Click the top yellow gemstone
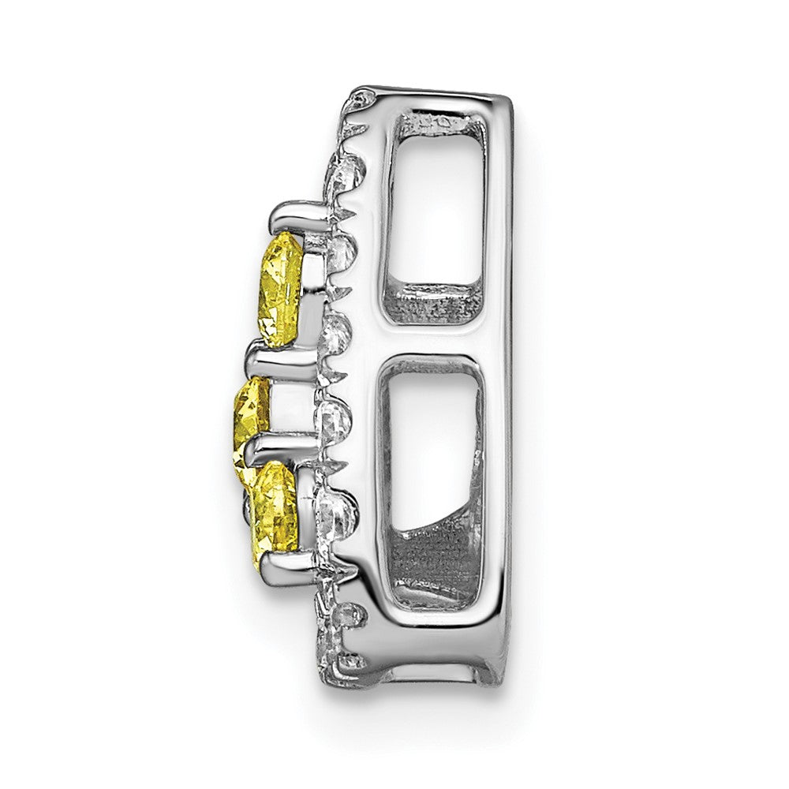[282, 290]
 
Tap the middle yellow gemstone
[252, 411]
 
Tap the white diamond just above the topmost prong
[346, 170]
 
